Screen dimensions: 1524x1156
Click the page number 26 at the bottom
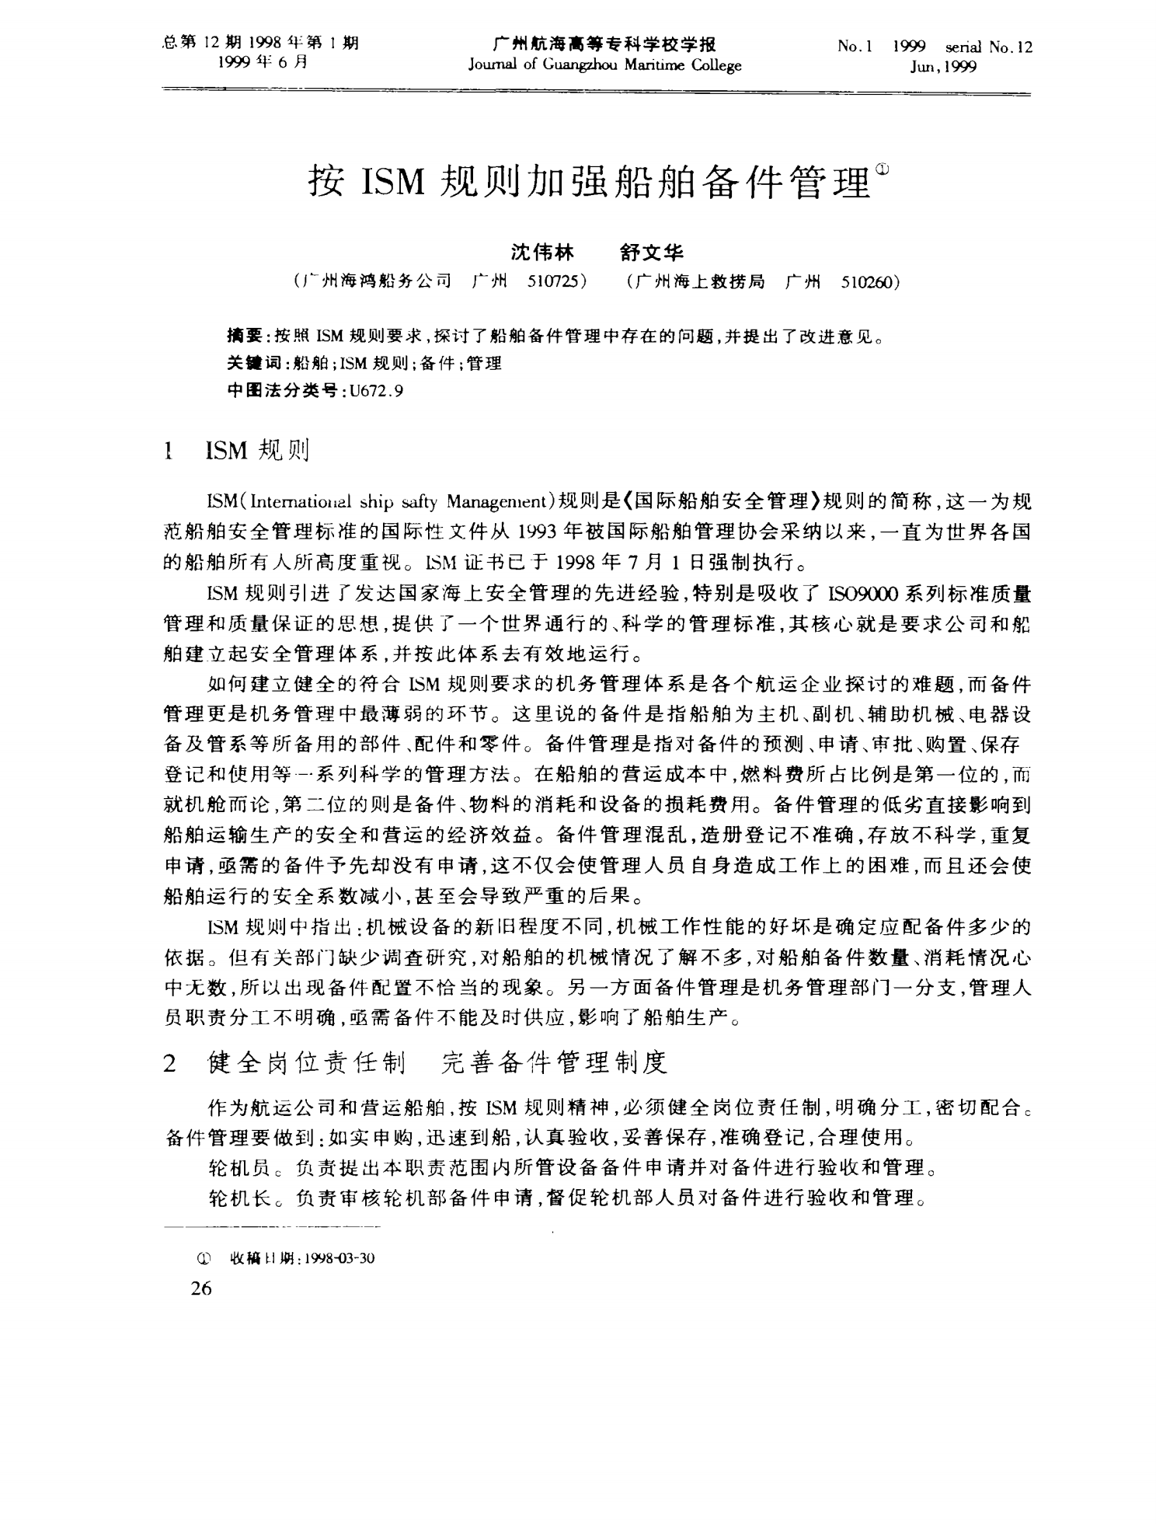pos(201,1288)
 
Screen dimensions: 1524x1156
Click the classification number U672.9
pos(376,391)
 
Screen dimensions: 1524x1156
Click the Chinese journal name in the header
pos(604,44)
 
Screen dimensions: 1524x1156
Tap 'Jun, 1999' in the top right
pos(943,67)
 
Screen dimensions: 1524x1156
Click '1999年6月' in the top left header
pos(261,63)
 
